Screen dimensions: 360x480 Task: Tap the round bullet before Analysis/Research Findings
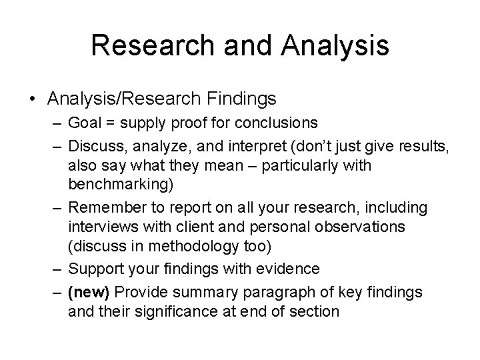pos(33,99)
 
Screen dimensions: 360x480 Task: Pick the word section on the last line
pos(316,311)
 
